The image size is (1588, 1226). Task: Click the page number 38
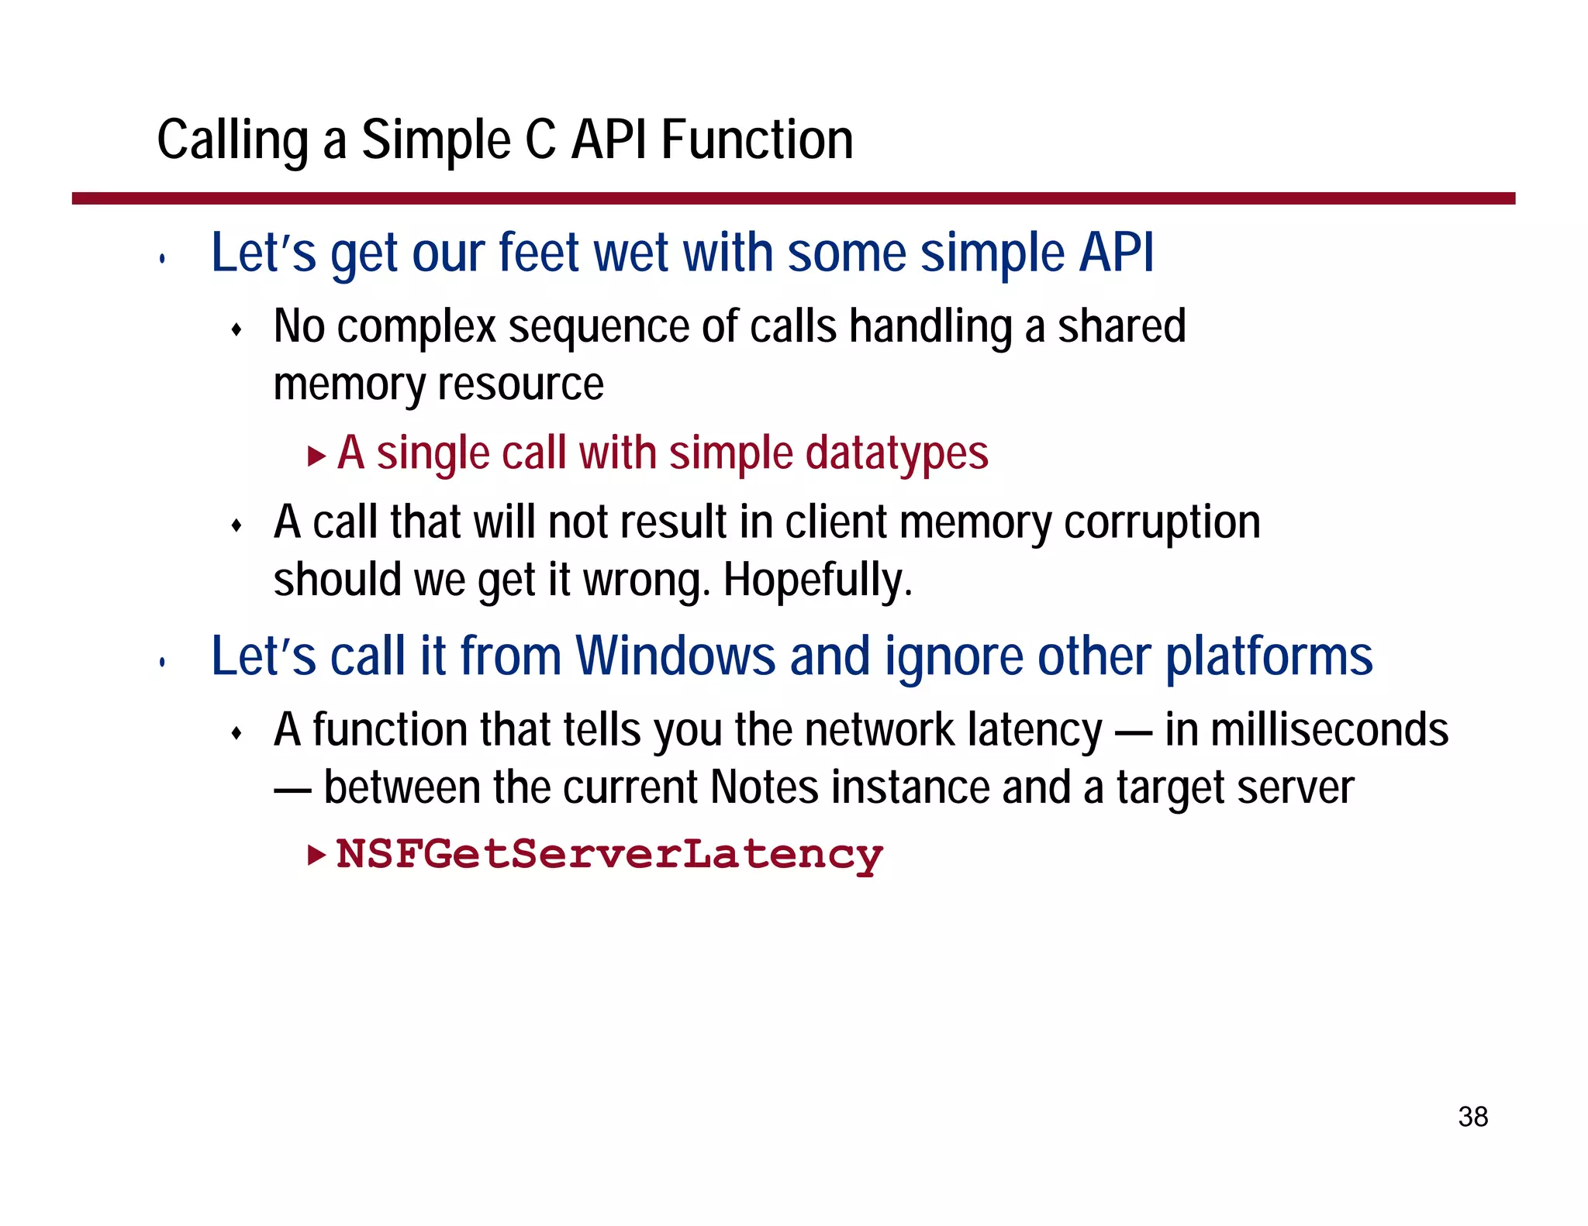1472,1117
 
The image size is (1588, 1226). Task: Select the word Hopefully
817,580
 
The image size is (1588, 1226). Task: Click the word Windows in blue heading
675,657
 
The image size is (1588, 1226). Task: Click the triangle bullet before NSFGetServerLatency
316,855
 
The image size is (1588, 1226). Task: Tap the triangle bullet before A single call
316,456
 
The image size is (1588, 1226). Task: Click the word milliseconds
1329,730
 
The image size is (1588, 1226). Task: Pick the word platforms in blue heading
1269,657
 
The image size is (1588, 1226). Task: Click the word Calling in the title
233,141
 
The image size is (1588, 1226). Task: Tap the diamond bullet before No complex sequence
237,331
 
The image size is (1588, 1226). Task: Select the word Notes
764,787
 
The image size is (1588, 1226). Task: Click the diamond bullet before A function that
237,733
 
